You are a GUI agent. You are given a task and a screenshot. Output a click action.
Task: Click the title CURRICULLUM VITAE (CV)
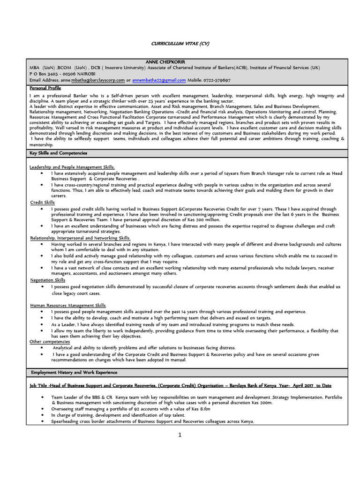pos(180,43)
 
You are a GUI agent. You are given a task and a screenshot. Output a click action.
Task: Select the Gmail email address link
pos(159,80)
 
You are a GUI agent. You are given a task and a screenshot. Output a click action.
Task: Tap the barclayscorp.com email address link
pos(98,80)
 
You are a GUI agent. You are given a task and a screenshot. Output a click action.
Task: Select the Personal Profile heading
pos(45,88)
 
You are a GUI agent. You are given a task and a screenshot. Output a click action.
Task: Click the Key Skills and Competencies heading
pos(59,153)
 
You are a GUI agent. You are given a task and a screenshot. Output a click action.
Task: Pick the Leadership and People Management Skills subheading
pos(72,167)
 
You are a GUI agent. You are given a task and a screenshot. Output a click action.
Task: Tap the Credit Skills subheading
pos(42,202)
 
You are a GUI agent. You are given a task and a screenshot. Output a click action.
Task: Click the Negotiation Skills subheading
pos(47,280)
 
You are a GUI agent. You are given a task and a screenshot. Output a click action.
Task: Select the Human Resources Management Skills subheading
pos(67,305)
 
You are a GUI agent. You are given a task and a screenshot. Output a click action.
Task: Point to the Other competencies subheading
pos(50,342)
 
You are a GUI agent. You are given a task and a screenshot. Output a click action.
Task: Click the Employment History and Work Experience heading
pos(74,372)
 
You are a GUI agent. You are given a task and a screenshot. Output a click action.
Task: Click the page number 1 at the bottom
pos(180,435)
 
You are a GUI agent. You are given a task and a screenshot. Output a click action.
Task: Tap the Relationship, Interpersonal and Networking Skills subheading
pos(80,238)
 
